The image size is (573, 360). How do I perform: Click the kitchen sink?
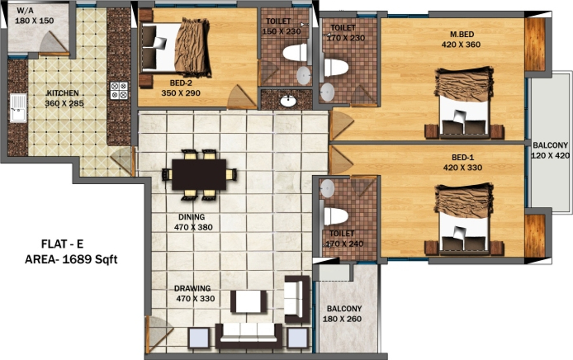pos(18,108)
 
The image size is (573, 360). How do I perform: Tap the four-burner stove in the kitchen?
pos(119,90)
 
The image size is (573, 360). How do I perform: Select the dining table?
pos(199,174)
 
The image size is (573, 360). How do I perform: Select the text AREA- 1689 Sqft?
pos(71,259)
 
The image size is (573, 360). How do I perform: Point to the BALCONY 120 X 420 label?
pos(550,150)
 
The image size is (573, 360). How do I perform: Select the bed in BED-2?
pos(176,47)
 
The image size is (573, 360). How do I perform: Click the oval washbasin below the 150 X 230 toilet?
pos(287,101)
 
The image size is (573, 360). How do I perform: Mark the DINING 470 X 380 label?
pos(193,222)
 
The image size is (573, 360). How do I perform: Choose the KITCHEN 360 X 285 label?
pos(63,98)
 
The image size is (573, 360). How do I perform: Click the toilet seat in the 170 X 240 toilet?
pos(336,216)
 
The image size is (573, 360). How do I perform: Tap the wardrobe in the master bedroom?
pos(535,44)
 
